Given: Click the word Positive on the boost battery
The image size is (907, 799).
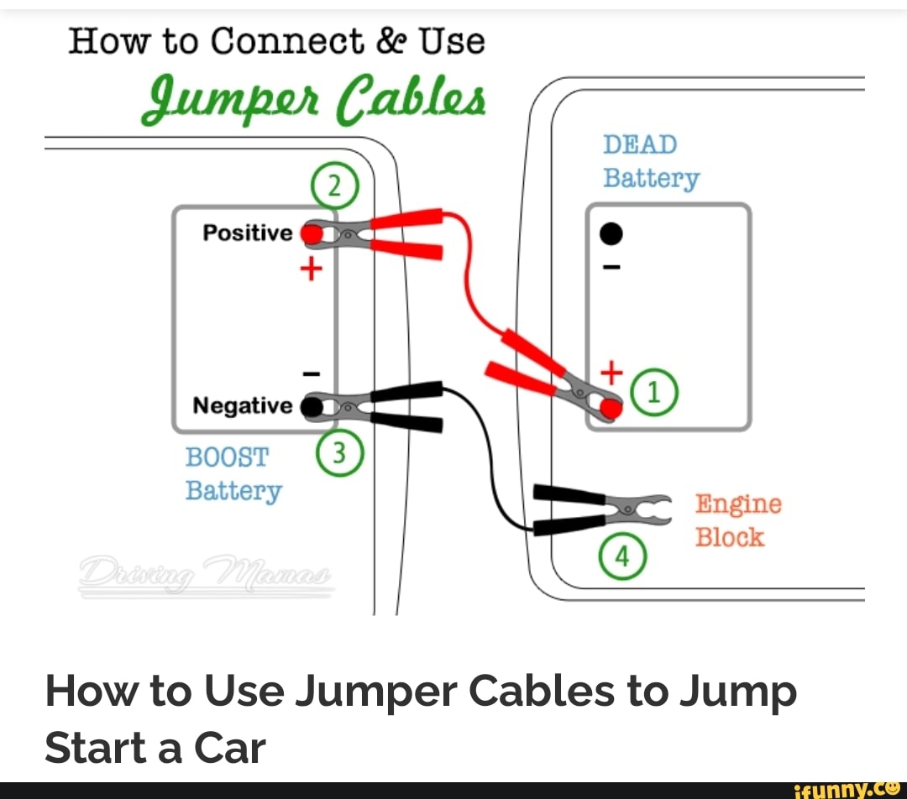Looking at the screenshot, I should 247,232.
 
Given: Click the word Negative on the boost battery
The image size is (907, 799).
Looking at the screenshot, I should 242,406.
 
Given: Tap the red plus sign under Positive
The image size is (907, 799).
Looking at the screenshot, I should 311,269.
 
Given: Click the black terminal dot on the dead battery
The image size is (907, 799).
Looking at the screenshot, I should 612,234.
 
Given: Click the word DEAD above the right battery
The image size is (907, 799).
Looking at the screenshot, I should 640,145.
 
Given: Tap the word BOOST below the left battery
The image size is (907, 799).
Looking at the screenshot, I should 226,457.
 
